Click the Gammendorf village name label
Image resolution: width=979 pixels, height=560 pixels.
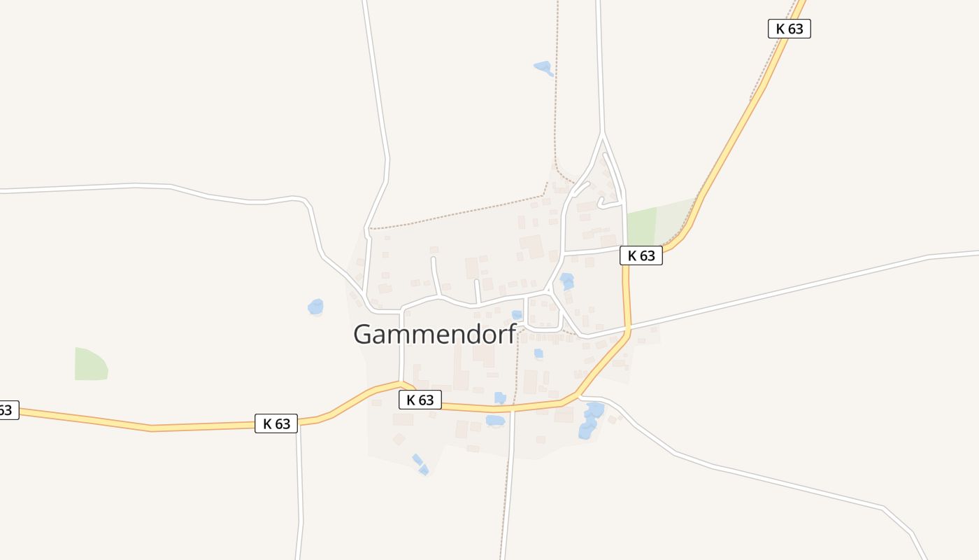click(x=434, y=334)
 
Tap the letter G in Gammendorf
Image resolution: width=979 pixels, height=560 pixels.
click(x=364, y=334)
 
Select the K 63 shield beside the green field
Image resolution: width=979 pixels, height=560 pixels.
click(x=641, y=255)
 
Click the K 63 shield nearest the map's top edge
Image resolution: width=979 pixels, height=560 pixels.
click(x=789, y=29)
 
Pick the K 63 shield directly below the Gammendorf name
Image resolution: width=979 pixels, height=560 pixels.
click(x=420, y=400)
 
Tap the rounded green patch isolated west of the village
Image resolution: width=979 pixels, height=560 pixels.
click(x=90, y=364)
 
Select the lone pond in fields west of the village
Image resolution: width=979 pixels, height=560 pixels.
click(x=315, y=307)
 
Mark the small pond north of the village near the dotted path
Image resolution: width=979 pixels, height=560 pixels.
click(x=543, y=67)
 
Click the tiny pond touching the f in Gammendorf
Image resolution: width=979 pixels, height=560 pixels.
click(x=517, y=315)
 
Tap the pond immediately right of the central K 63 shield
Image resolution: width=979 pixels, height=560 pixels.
click(x=500, y=398)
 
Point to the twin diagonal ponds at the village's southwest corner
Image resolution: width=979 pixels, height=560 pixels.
click(x=420, y=464)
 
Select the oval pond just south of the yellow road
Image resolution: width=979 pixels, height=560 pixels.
click(x=495, y=420)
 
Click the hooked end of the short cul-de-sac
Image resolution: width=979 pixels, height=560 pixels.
click(x=601, y=204)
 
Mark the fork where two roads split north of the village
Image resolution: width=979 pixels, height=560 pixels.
click(x=602, y=134)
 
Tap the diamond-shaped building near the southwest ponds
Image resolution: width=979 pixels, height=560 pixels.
click(x=399, y=439)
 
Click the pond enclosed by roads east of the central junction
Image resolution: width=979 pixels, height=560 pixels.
click(x=566, y=281)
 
